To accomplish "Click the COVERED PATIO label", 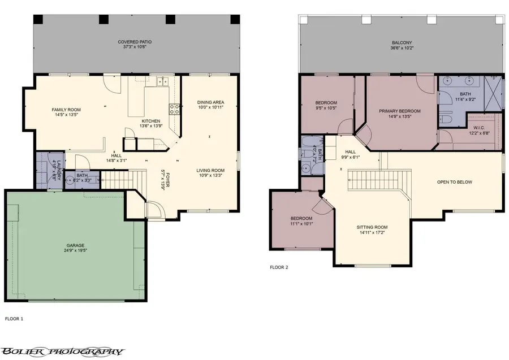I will [135, 42].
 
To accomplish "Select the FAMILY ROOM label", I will [66, 110].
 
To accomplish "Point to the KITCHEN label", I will [151, 121].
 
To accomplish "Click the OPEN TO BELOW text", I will [454, 182].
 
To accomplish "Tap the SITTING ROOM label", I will [372, 227].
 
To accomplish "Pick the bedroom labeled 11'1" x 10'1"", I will [301, 220].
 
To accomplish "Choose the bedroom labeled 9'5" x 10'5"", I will [326, 105].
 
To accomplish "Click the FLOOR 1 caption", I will [14, 319].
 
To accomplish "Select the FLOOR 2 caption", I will [279, 267].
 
